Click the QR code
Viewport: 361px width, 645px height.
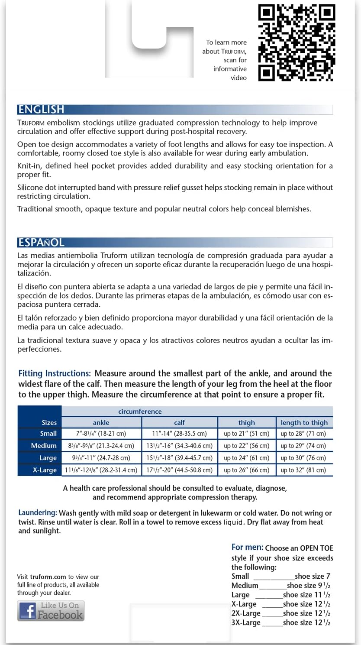pos(297,42)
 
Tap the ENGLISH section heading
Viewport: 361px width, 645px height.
pos(41,109)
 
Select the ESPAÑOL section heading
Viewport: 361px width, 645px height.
pos(41,242)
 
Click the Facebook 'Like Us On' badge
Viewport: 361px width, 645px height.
pos(51,610)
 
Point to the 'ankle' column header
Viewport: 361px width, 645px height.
pos(101,423)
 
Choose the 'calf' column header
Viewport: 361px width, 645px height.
pos(179,423)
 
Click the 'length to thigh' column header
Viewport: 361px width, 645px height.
pos(304,423)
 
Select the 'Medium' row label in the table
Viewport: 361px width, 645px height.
pos(44,446)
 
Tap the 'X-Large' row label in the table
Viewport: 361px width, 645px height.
pos(45,470)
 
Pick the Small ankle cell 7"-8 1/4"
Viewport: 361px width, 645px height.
pos(101,434)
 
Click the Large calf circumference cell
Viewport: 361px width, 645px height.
pos(179,458)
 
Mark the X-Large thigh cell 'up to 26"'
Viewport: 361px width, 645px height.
pos(246,470)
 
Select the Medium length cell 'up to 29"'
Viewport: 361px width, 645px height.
pos(303,446)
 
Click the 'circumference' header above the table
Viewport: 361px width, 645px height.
pos(140,412)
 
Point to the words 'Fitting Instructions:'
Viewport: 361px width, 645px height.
pos(55,373)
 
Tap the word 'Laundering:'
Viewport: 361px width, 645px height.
pos(38,513)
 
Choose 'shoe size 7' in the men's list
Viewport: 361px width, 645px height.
pos(312,577)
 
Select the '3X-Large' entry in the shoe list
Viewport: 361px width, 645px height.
pos(246,623)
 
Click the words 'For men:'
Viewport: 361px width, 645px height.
pos(247,548)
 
